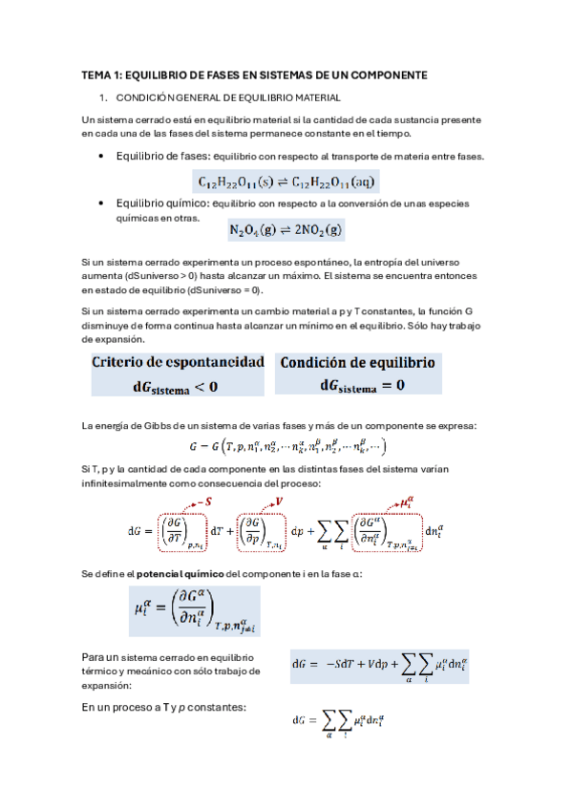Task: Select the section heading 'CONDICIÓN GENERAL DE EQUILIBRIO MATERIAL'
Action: click(x=227, y=97)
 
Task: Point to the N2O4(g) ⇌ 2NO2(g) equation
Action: click(x=286, y=229)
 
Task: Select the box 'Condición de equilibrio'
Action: click(x=357, y=364)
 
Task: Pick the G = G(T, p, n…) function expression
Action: click(x=286, y=446)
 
